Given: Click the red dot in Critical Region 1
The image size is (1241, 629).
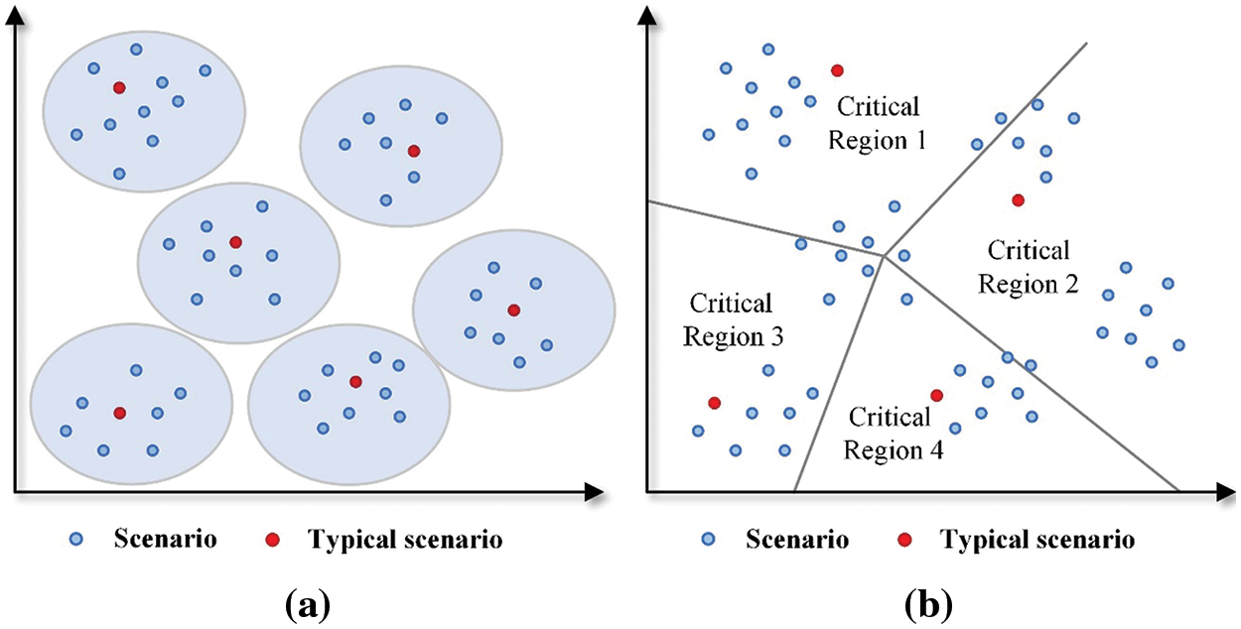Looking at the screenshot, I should click(x=837, y=70).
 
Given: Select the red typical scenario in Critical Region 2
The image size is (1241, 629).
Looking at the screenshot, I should click(x=1018, y=200).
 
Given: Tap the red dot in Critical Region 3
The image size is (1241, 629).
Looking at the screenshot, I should click(x=713, y=403).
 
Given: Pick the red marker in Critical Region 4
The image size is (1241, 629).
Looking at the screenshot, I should click(x=936, y=396).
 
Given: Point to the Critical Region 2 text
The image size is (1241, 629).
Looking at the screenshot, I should click(x=1029, y=267).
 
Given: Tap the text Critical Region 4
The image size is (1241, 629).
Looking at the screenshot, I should click(x=891, y=433).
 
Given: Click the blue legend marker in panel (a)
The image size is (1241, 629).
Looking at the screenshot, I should click(x=76, y=540).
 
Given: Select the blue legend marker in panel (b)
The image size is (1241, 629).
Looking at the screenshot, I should click(x=708, y=540).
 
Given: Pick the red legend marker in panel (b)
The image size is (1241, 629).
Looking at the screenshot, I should click(x=904, y=540).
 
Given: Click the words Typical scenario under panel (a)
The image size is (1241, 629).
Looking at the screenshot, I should click(x=405, y=540).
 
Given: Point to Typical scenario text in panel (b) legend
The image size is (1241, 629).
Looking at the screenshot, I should click(x=1036, y=540).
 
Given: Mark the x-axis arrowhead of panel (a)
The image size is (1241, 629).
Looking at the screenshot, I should click(x=594, y=491).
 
